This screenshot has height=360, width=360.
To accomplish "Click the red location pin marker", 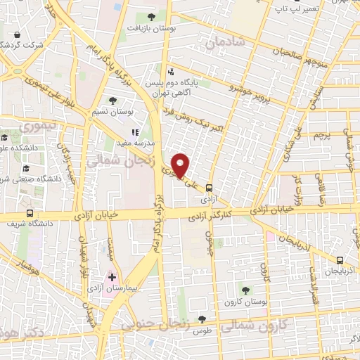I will pyautogui.click(x=181, y=165).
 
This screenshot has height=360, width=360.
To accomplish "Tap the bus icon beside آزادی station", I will pyautogui.click(x=209, y=187).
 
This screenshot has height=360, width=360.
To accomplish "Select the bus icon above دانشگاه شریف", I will pyautogui.click(x=29, y=214).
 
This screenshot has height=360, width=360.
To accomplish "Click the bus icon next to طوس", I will pyautogui.click(x=202, y=319).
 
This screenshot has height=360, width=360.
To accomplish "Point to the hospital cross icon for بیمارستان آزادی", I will pyautogui.click(x=112, y=278).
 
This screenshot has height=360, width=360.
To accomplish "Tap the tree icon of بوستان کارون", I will pyautogui.click(x=245, y=289).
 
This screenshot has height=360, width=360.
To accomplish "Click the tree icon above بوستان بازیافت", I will pyautogui.click(x=152, y=17).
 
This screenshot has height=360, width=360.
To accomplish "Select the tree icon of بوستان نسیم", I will pyautogui.click(x=113, y=101).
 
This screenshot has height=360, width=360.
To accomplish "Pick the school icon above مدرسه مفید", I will pyautogui.click(x=136, y=131).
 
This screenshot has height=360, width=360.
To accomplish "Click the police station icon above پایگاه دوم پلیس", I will pyautogui.click(x=171, y=71).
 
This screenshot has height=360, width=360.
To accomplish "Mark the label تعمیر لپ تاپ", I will pyautogui.click(x=288, y=8).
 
